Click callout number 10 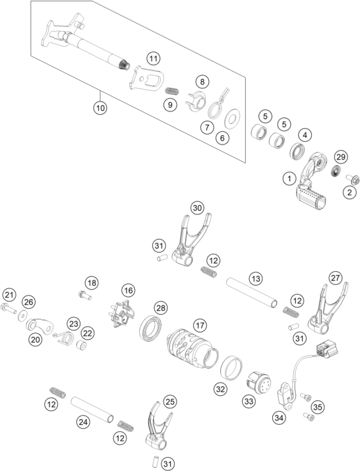click(100, 108)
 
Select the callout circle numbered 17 click(200, 325)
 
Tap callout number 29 click(341, 157)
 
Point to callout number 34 click(279, 417)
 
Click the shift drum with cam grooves click(192, 349)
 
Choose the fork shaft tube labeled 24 click(92, 410)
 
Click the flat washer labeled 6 click(232, 120)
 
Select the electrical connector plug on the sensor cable click(326, 348)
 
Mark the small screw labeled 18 click(85, 295)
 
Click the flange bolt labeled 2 click(353, 179)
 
